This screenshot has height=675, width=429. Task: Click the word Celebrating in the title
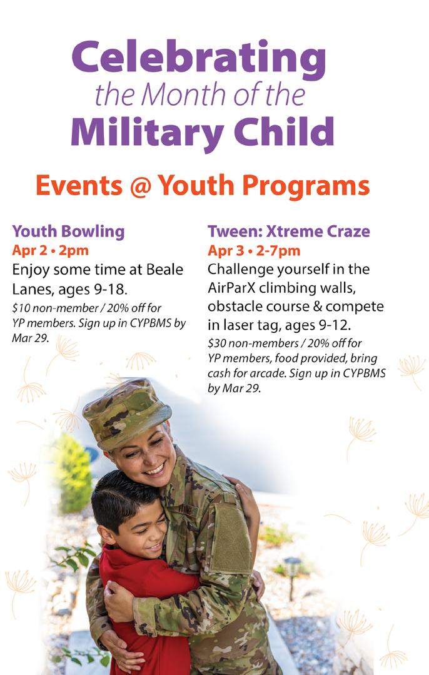click(x=199, y=58)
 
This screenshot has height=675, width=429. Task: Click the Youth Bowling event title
click(x=68, y=231)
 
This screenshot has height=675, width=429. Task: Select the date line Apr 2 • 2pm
click(x=51, y=250)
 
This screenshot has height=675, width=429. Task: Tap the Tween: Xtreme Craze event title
click(x=288, y=231)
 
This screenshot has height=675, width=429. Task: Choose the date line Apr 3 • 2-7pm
click(x=254, y=250)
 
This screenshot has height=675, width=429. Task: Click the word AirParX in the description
click(x=233, y=288)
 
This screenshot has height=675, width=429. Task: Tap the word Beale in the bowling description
click(x=161, y=270)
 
